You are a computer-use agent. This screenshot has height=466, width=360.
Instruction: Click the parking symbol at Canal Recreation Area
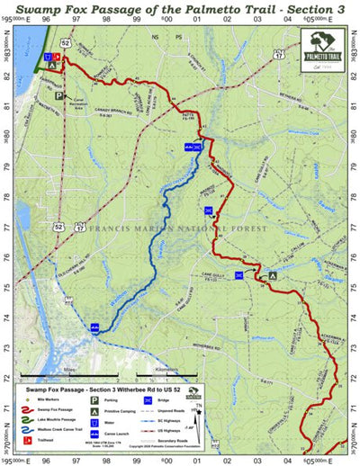point(60,94)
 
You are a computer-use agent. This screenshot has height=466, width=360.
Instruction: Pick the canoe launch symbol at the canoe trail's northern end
point(191,146)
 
